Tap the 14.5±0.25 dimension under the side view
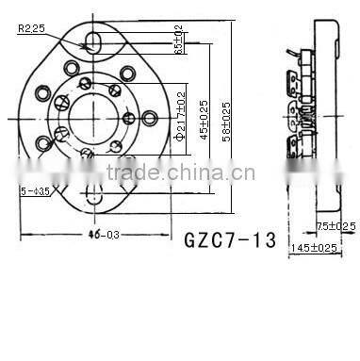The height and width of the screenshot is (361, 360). pos(314,247)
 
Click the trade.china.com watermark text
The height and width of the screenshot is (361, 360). pos(179,173)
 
